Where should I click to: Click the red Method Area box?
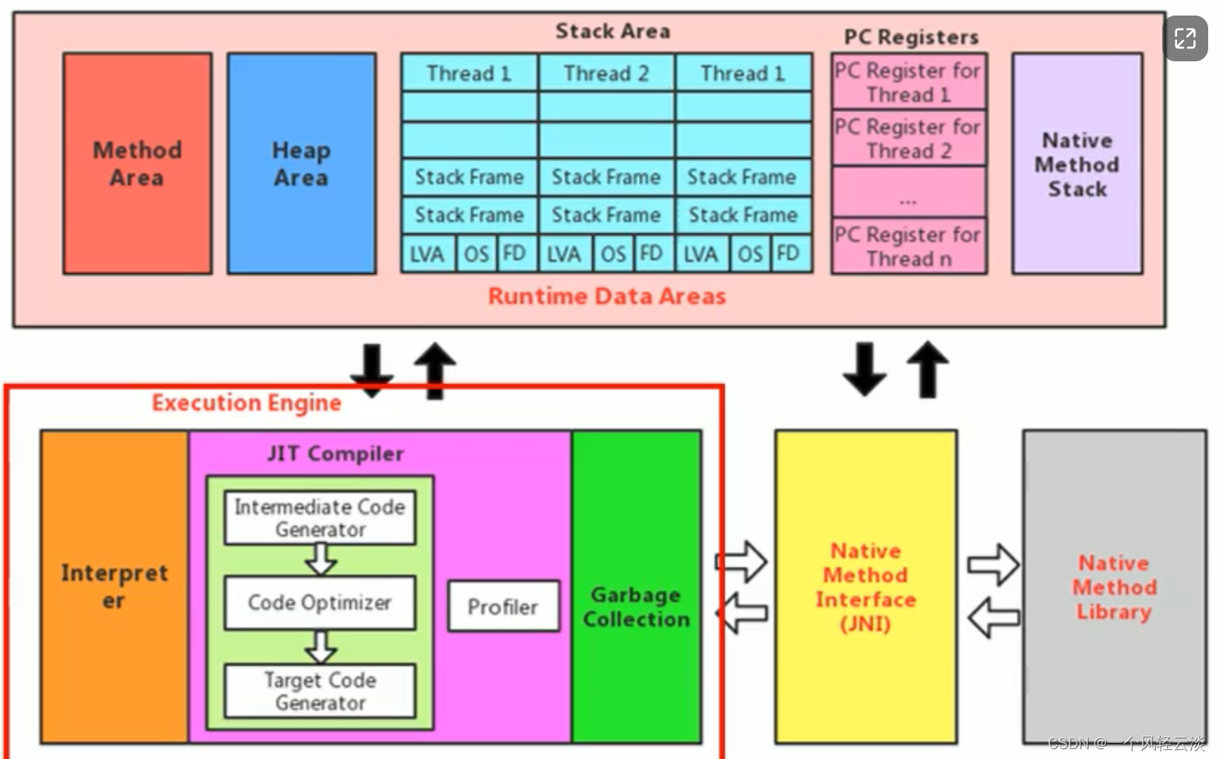tap(137, 164)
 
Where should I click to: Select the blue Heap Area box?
tap(301, 164)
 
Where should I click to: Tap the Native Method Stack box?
tap(1076, 164)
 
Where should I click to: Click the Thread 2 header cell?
tap(606, 73)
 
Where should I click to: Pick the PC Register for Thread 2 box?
tap(908, 138)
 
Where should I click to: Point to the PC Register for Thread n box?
tap(908, 246)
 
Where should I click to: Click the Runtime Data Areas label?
tap(606, 296)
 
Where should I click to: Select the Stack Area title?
tap(612, 31)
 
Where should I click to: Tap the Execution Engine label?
tap(246, 402)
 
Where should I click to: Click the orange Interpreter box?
tap(115, 586)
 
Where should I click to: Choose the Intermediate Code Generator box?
tap(320, 518)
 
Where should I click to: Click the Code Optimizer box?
tap(320, 603)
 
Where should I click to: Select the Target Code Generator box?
tap(320, 691)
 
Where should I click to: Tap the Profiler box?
tap(503, 607)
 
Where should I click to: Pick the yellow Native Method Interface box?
tap(865, 586)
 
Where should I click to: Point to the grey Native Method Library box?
tap(1114, 586)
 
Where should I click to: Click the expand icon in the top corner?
tap(1185, 38)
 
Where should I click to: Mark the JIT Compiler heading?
tap(335, 454)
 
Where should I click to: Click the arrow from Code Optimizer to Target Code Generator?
tap(320, 646)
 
